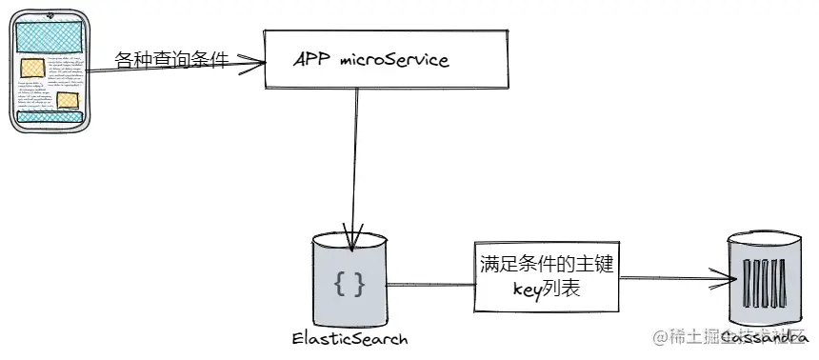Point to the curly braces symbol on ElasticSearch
point(350,283)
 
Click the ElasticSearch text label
point(350,339)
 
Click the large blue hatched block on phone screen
point(51,36)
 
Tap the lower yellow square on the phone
point(68,100)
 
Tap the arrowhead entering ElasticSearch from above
point(352,243)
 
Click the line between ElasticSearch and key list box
point(429,283)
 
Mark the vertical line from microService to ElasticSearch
point(354,162)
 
